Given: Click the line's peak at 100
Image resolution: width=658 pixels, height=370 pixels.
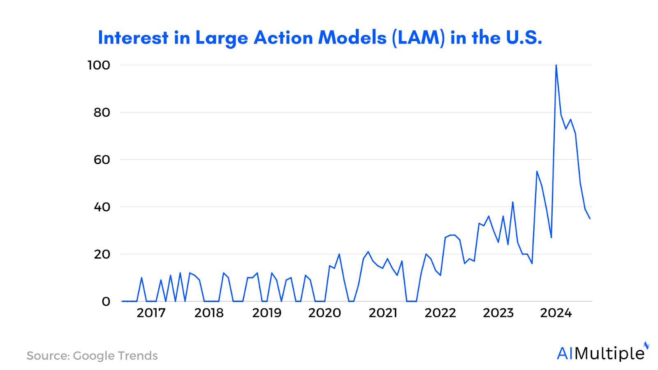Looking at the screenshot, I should [556, 65].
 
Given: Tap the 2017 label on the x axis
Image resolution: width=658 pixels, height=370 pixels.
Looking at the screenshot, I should [151, 313].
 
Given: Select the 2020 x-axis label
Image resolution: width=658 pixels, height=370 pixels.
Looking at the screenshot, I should [324, 313].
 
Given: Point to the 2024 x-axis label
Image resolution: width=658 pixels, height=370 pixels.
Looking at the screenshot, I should [556, 313].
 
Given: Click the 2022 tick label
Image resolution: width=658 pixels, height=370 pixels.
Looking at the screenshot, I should [440, 313].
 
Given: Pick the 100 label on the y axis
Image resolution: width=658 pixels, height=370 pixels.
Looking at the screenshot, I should [99, 65].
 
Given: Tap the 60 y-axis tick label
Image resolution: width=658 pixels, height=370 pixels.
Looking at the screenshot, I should [102, 160].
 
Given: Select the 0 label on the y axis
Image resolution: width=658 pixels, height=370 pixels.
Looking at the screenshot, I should [106, 301].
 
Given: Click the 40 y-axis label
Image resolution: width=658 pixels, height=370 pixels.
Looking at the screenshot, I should [102, 207].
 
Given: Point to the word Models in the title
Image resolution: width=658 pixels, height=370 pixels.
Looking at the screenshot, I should [352, 38].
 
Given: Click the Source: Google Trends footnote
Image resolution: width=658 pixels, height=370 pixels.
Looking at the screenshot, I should [92, 356].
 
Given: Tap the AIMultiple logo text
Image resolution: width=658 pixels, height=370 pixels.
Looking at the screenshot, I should [600, 354].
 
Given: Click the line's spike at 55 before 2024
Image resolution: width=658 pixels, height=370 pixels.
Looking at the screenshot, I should [537, 171].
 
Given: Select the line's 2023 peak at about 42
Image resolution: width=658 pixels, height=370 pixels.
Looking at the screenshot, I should [512, 202].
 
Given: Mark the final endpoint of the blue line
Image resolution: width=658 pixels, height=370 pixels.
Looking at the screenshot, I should [590, 218].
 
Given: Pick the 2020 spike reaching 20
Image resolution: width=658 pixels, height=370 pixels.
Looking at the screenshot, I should [339, 254].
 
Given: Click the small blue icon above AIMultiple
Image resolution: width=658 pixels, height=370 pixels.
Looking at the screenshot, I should [646, 345].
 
